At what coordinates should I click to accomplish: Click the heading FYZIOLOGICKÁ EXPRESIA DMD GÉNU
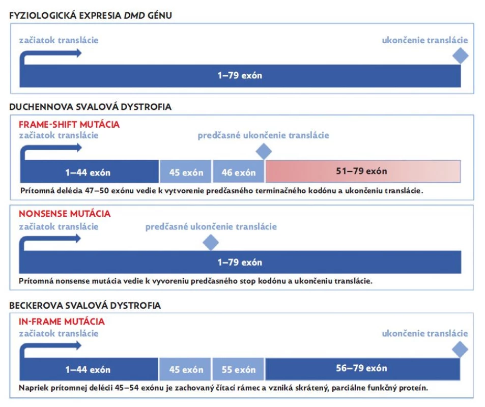91,15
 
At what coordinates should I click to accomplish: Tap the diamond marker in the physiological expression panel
460,55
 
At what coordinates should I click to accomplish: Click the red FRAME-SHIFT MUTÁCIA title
69,124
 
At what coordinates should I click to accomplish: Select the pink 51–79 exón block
363,171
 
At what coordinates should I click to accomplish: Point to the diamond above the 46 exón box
264,151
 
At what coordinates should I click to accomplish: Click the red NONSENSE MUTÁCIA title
65,213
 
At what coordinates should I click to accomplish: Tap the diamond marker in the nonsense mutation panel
211,242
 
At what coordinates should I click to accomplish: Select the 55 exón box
238,369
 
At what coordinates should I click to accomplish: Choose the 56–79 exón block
362,369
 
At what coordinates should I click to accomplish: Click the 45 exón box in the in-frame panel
185,369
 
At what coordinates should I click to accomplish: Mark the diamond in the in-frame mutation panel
460,349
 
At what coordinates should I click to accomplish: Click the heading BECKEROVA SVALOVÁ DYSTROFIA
85,306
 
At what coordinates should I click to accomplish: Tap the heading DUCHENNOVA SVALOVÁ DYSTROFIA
90,107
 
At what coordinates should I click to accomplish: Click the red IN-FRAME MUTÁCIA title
62,322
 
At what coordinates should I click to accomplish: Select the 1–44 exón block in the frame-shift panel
90,171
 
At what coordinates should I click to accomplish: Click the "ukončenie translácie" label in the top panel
425,40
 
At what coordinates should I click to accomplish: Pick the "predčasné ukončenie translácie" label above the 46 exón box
263,135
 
